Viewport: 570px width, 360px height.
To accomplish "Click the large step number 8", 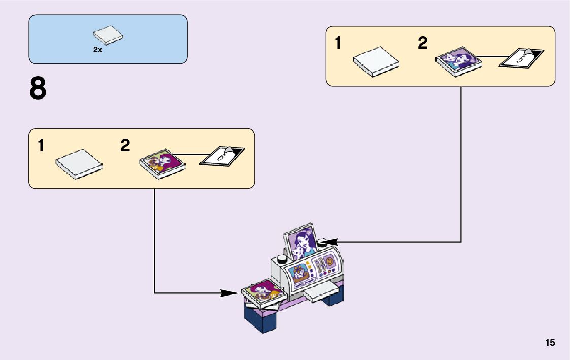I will tap(38, 88).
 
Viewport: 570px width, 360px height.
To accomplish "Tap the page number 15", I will tap(550, 343).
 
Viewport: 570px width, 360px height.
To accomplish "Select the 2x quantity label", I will tap(97, 50).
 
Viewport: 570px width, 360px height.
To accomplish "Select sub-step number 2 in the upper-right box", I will tap(423, 44).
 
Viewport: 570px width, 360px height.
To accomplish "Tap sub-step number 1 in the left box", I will tap(41, 146).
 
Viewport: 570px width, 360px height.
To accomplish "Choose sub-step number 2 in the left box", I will tap(125, 146).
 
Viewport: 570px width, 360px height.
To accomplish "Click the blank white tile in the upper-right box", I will tap(376, 61).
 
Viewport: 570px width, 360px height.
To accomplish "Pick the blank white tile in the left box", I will tap(79, 163).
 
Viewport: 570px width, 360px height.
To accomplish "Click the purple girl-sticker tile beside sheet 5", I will tap(458, 62).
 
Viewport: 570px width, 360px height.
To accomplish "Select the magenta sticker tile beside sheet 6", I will tap(161, 162).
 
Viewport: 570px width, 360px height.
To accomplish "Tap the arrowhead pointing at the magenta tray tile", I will tap(230, 292).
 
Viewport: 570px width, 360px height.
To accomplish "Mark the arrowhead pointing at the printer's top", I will tap(325, 241).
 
